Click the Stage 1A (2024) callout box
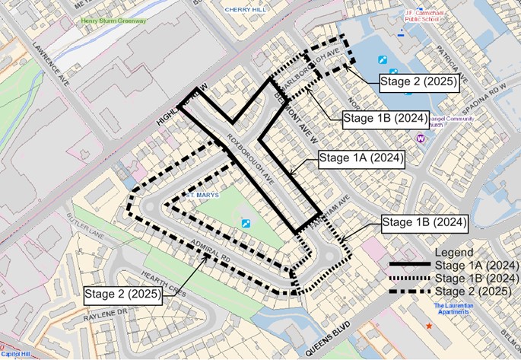point(361,159)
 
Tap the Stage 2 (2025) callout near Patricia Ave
point(420,84)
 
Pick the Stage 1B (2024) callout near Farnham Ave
point(424,222)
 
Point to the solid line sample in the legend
point(410,265)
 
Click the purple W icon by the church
point(420,139)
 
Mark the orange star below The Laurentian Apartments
point(430,326)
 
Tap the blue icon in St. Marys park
point(245,223)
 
